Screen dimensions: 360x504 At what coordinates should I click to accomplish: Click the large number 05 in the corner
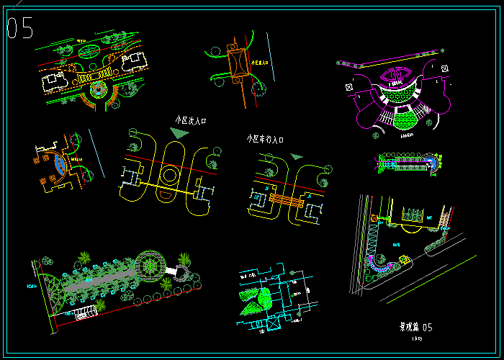click(x=20, y=28)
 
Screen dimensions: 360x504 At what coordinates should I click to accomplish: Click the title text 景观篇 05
click(x=416, y=326)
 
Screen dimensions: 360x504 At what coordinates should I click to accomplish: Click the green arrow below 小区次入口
click(x=179, y=133)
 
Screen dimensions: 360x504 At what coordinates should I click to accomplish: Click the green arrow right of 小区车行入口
click(x=296, y=156)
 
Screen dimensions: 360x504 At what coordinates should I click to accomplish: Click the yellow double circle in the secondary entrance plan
click(x=171, y=176)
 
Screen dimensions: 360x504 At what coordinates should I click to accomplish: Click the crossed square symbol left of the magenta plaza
click(x=349, y=88)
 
